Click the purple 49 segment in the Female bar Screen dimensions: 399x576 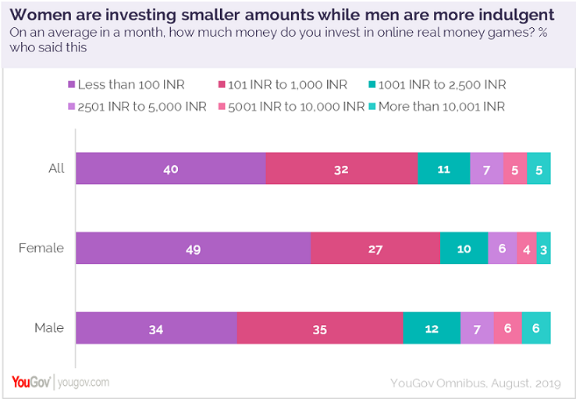(193, 248)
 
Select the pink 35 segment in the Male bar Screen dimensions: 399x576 (319, 328)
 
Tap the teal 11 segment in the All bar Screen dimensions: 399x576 (443, 168)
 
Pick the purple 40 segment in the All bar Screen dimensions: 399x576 (170, 168)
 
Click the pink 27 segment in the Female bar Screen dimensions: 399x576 (375, 248)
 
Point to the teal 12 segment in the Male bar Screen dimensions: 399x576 (431, 328)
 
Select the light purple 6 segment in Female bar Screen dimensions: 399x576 (502, 248)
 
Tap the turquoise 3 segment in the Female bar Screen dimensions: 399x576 (543, 248)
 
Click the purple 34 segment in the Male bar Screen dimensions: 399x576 (156, 328)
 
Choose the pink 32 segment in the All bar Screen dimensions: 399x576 (341, 168)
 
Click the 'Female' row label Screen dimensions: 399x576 (41, 249)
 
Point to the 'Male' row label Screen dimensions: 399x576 (48, 328)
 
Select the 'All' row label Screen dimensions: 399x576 (55, 168)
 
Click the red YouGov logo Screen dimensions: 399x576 (31, 382)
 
